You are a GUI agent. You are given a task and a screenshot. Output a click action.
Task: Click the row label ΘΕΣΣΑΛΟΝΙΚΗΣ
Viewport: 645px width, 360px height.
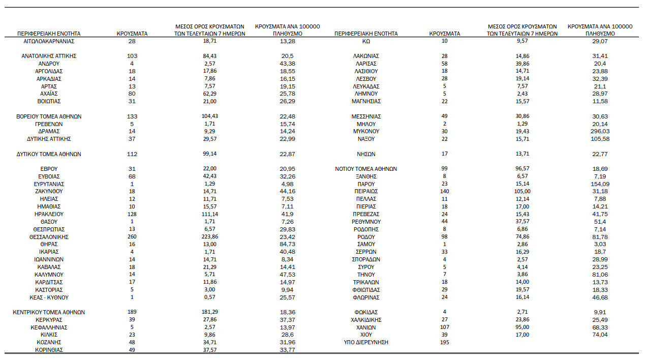pyautogui.click(x=49, y=237)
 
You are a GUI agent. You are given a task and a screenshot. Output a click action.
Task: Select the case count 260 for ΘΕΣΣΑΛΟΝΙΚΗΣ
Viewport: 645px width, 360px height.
pyautogui.click(x=132, y=237)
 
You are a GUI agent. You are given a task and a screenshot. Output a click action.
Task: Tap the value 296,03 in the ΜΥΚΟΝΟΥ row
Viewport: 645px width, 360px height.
pyautogui.click(x=600, y=131)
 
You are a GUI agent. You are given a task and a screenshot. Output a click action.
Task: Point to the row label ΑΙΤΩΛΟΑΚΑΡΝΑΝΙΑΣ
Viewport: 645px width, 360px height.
pyautogui.click(x=49, y=41)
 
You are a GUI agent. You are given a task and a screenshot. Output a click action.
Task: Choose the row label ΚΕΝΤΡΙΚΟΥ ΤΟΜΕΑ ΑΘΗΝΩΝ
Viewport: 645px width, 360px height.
pyautogui.click(x=49, y=312)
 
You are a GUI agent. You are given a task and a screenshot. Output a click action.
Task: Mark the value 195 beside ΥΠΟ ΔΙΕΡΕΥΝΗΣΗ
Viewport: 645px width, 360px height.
pyautogui.click(x=444, y=343)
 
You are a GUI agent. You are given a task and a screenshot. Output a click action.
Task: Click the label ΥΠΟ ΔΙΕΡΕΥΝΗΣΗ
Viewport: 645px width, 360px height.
pyautogui.click(x=366, y=343)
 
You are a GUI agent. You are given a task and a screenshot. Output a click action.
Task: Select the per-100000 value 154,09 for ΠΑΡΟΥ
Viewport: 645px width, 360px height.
pyautogui.click(x=600, y=184)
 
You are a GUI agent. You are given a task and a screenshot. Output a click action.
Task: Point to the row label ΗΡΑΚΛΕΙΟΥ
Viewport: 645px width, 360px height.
pyautogui.click(x=49, y=214)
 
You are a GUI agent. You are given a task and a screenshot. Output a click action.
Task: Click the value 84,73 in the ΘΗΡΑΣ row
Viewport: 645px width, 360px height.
pyautogui.click(x=287, y=245)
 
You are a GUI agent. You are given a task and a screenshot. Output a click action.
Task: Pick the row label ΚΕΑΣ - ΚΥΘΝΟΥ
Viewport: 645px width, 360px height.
pyautogui.click(x=49, y=297)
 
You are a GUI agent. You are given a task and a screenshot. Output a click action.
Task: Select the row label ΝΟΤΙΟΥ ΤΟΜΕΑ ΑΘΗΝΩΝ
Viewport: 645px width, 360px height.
pyautogui.click(x=366, y=169)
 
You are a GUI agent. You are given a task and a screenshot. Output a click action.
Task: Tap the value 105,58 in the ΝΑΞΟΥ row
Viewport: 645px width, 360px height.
pyautogui.click(x=600, y=139)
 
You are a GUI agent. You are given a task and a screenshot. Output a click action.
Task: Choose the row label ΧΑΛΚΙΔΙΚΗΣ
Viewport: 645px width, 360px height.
pyautogui.click(x=366, y=320)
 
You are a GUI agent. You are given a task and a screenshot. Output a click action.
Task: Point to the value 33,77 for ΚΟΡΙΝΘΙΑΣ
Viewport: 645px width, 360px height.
pyautogui.click(x=287, y=350)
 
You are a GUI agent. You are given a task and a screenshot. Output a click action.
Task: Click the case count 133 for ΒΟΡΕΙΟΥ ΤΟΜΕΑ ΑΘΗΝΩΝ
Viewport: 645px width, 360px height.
pyautogui.click(x=132, y=116)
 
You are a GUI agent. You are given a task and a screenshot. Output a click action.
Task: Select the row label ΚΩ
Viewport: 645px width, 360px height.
pyautogui.click(x=366, y=41)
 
